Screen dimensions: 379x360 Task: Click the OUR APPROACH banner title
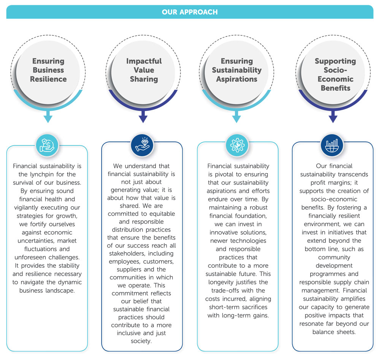190,12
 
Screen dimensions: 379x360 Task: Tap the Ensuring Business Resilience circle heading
48,70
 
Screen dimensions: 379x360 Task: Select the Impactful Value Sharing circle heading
144,70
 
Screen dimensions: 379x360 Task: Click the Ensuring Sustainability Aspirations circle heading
237,70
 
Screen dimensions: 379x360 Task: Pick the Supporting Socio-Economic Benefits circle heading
335,74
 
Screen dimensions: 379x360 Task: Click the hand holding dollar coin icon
47,145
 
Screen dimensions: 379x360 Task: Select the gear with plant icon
237,145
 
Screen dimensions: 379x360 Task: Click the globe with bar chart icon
332,145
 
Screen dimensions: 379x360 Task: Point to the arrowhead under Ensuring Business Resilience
48,119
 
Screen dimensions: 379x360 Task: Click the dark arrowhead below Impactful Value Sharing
143,119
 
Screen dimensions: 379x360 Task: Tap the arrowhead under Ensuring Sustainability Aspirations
236,119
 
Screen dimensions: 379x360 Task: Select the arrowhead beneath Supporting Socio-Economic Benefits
333,119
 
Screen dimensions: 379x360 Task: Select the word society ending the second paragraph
141,341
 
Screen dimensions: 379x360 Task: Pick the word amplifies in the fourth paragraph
353,299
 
